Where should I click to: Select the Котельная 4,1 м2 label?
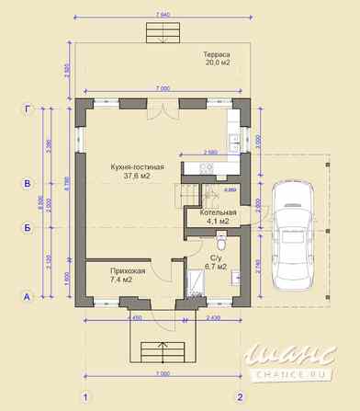[x=218, y=217]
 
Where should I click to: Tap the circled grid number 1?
[x=84, y=397]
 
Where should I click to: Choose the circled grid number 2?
[x=241, y=397]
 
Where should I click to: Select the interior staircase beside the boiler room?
[x=191, y=196]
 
